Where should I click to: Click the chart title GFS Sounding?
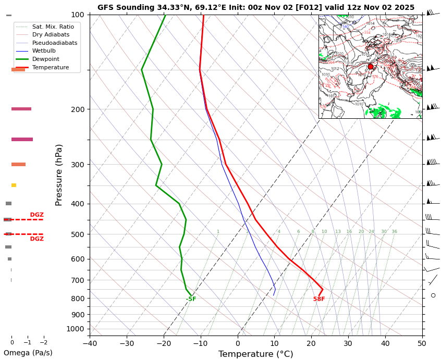(256, 7)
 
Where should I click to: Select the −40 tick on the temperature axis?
(90, 343)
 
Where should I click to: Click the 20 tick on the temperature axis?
(311, 343)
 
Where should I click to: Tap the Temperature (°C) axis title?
(255, 354)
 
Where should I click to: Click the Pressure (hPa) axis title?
(59, 175)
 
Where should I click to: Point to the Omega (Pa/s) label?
(28, 353)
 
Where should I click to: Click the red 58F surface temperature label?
(319, 299)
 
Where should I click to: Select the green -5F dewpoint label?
(191, 299)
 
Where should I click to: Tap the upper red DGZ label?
(36, 215)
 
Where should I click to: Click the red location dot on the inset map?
(371, 67)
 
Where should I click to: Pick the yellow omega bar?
(14, 185)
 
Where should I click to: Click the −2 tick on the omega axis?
(44, 342)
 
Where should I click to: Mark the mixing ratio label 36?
(394, 231)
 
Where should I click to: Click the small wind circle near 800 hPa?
(433, 295)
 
